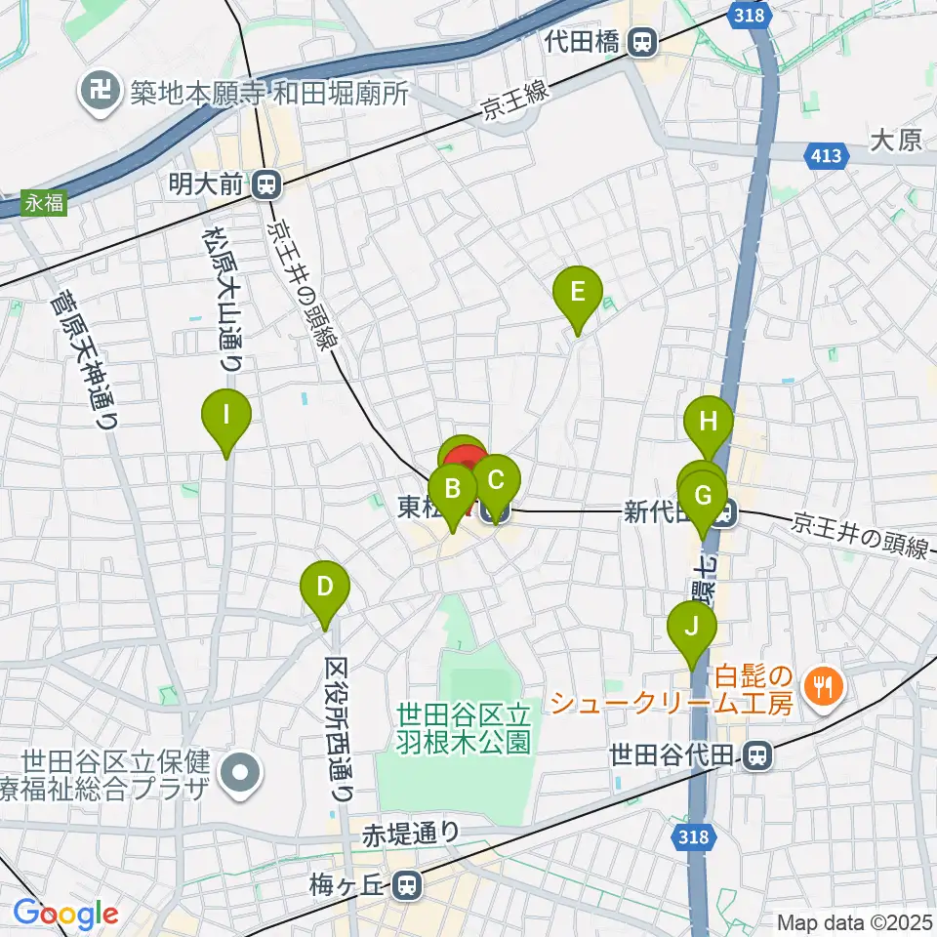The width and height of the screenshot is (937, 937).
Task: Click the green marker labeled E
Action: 577,293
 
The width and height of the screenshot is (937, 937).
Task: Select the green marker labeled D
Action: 325,589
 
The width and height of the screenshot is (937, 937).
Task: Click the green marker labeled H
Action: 709,424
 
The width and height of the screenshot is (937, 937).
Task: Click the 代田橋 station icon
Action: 641,43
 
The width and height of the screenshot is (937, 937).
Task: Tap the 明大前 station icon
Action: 265,183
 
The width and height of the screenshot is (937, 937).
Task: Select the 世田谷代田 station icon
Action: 755,754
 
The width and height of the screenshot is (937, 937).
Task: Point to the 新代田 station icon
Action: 722,510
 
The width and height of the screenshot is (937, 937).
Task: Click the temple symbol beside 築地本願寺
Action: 99,94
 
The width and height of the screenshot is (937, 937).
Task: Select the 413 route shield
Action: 825,154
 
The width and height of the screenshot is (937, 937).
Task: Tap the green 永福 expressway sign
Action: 43,204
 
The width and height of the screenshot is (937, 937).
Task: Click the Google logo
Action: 65,915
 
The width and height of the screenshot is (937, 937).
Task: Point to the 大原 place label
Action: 895,141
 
